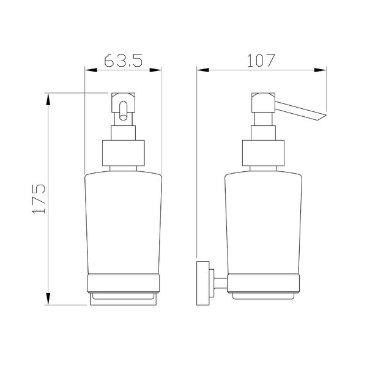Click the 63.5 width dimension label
124,61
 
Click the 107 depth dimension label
261,61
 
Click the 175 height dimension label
39,199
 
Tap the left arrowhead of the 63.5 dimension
91,70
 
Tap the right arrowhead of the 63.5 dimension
155,70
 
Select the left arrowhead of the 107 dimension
202,70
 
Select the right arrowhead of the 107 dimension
320,70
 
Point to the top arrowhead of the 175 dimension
48,99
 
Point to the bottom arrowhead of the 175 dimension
48,298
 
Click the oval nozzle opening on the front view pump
123,111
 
